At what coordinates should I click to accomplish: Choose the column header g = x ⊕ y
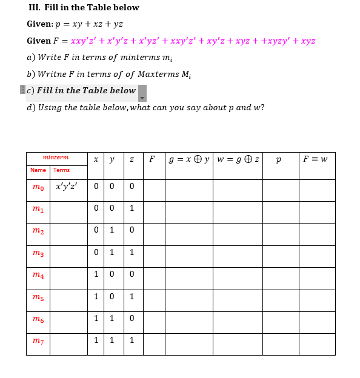(x=189, y=159)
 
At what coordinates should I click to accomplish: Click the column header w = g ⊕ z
(x=238, y=159)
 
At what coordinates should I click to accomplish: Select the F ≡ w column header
(x=315, y=159)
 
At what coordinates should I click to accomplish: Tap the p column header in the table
(x=278, y=160)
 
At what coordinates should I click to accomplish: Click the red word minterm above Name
(x=56, y=157)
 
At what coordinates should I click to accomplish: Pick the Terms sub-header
(x=61, y=170)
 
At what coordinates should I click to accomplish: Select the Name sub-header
(x=38, y=170)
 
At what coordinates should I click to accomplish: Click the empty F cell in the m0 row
(x=154, y=190)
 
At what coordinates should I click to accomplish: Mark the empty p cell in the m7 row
(x=278, y=344)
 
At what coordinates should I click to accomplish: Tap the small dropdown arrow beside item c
(x=142, y=98)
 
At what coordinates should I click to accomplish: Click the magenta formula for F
(x=193, y=41)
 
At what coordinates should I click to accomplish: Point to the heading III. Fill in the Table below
(x=84, y=8)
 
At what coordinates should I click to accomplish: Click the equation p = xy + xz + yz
(x=89, y=24)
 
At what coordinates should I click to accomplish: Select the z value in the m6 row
(x=132, y=317)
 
